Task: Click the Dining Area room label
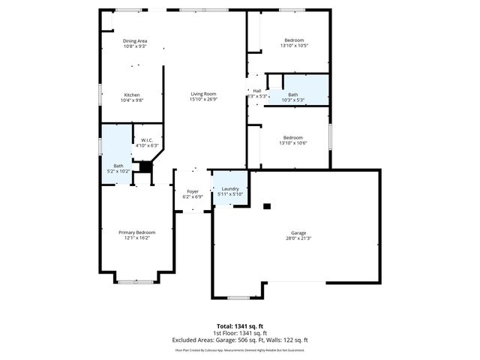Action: (x=135, y=40)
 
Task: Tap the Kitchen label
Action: (x=132, y=94)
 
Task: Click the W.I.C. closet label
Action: (x=146, y=139)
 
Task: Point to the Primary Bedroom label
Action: (x=135, y=232)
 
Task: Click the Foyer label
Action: (x=193, y=191)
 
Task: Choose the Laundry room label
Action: (x=229, y=188)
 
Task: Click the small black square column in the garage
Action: (x=266, y=205)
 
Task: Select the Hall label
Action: (x=256, y=91)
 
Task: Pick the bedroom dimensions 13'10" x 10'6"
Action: (x=293, y=143)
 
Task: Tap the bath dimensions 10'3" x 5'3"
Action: (x=293, y=100)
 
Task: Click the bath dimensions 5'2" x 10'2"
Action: (x=118, y=171)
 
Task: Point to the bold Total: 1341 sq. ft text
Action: (x=241, y=325)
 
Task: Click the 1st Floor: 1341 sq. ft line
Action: (x=241, y=333)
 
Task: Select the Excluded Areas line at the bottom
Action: (x=241, y=340)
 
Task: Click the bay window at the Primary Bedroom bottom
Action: (x=136, y=282)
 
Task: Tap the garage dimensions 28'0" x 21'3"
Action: (x=298, y=238)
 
